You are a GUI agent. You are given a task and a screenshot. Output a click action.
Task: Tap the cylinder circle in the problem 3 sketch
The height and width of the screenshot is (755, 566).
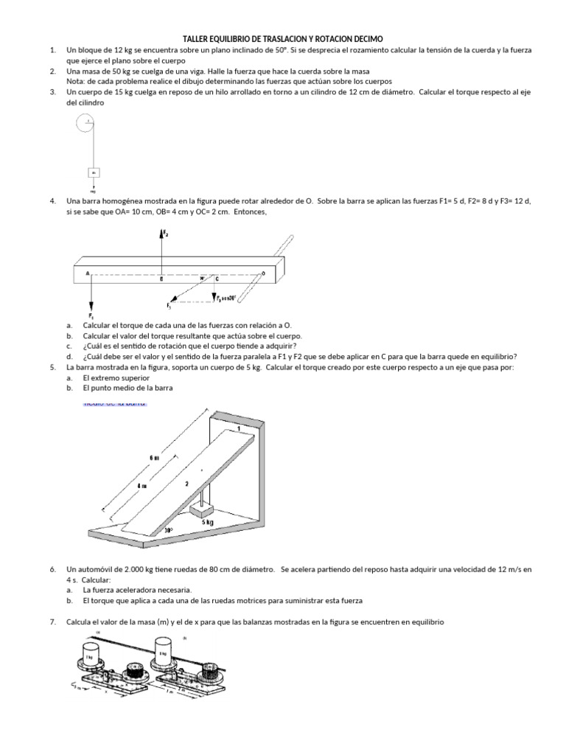(86, 123)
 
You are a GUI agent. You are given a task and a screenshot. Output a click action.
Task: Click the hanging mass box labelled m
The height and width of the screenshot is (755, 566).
(94, 173)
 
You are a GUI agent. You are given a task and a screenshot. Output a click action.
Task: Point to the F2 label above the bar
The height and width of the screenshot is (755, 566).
(166, 234)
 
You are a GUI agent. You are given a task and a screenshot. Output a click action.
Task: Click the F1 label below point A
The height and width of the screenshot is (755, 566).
(91, 316)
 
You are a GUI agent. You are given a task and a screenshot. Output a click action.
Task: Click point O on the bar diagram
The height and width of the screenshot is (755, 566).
(262, 274)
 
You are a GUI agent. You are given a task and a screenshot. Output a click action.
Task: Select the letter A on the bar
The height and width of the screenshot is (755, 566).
(88, 273)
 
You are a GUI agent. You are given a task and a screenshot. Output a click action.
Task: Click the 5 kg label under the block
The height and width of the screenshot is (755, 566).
(209, 521)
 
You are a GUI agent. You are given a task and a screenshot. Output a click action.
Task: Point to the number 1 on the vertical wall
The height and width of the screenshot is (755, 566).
(239, 428)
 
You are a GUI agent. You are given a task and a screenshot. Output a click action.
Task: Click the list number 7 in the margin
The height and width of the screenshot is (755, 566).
(53, 622)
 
